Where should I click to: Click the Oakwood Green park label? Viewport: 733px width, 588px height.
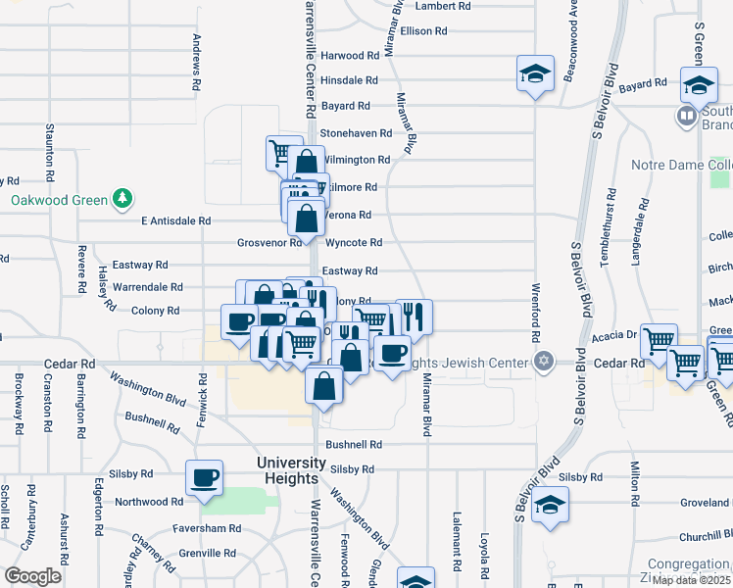[59, 201]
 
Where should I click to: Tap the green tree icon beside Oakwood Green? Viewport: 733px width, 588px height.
[122, 201]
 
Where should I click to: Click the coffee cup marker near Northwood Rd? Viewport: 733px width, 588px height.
[205, 478]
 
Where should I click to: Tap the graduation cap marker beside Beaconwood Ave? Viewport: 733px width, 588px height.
[535, 73]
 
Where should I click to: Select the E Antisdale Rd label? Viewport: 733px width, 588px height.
[176, 221]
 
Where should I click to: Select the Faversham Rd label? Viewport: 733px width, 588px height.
[207, 528]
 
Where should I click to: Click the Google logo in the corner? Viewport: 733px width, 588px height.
[32, 576]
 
